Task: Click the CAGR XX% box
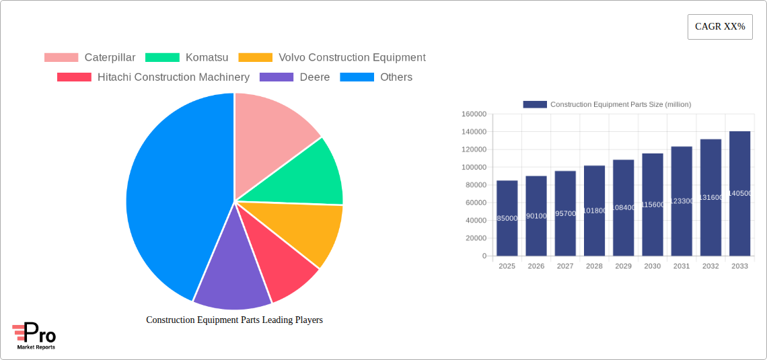point(719,27)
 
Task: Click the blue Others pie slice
point(168,195)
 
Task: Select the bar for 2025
point(507,218)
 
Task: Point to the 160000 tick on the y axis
point(473,114)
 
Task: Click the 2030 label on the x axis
point(653,266)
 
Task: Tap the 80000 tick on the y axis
point(474,185)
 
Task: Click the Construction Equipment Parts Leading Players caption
point(234,320)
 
